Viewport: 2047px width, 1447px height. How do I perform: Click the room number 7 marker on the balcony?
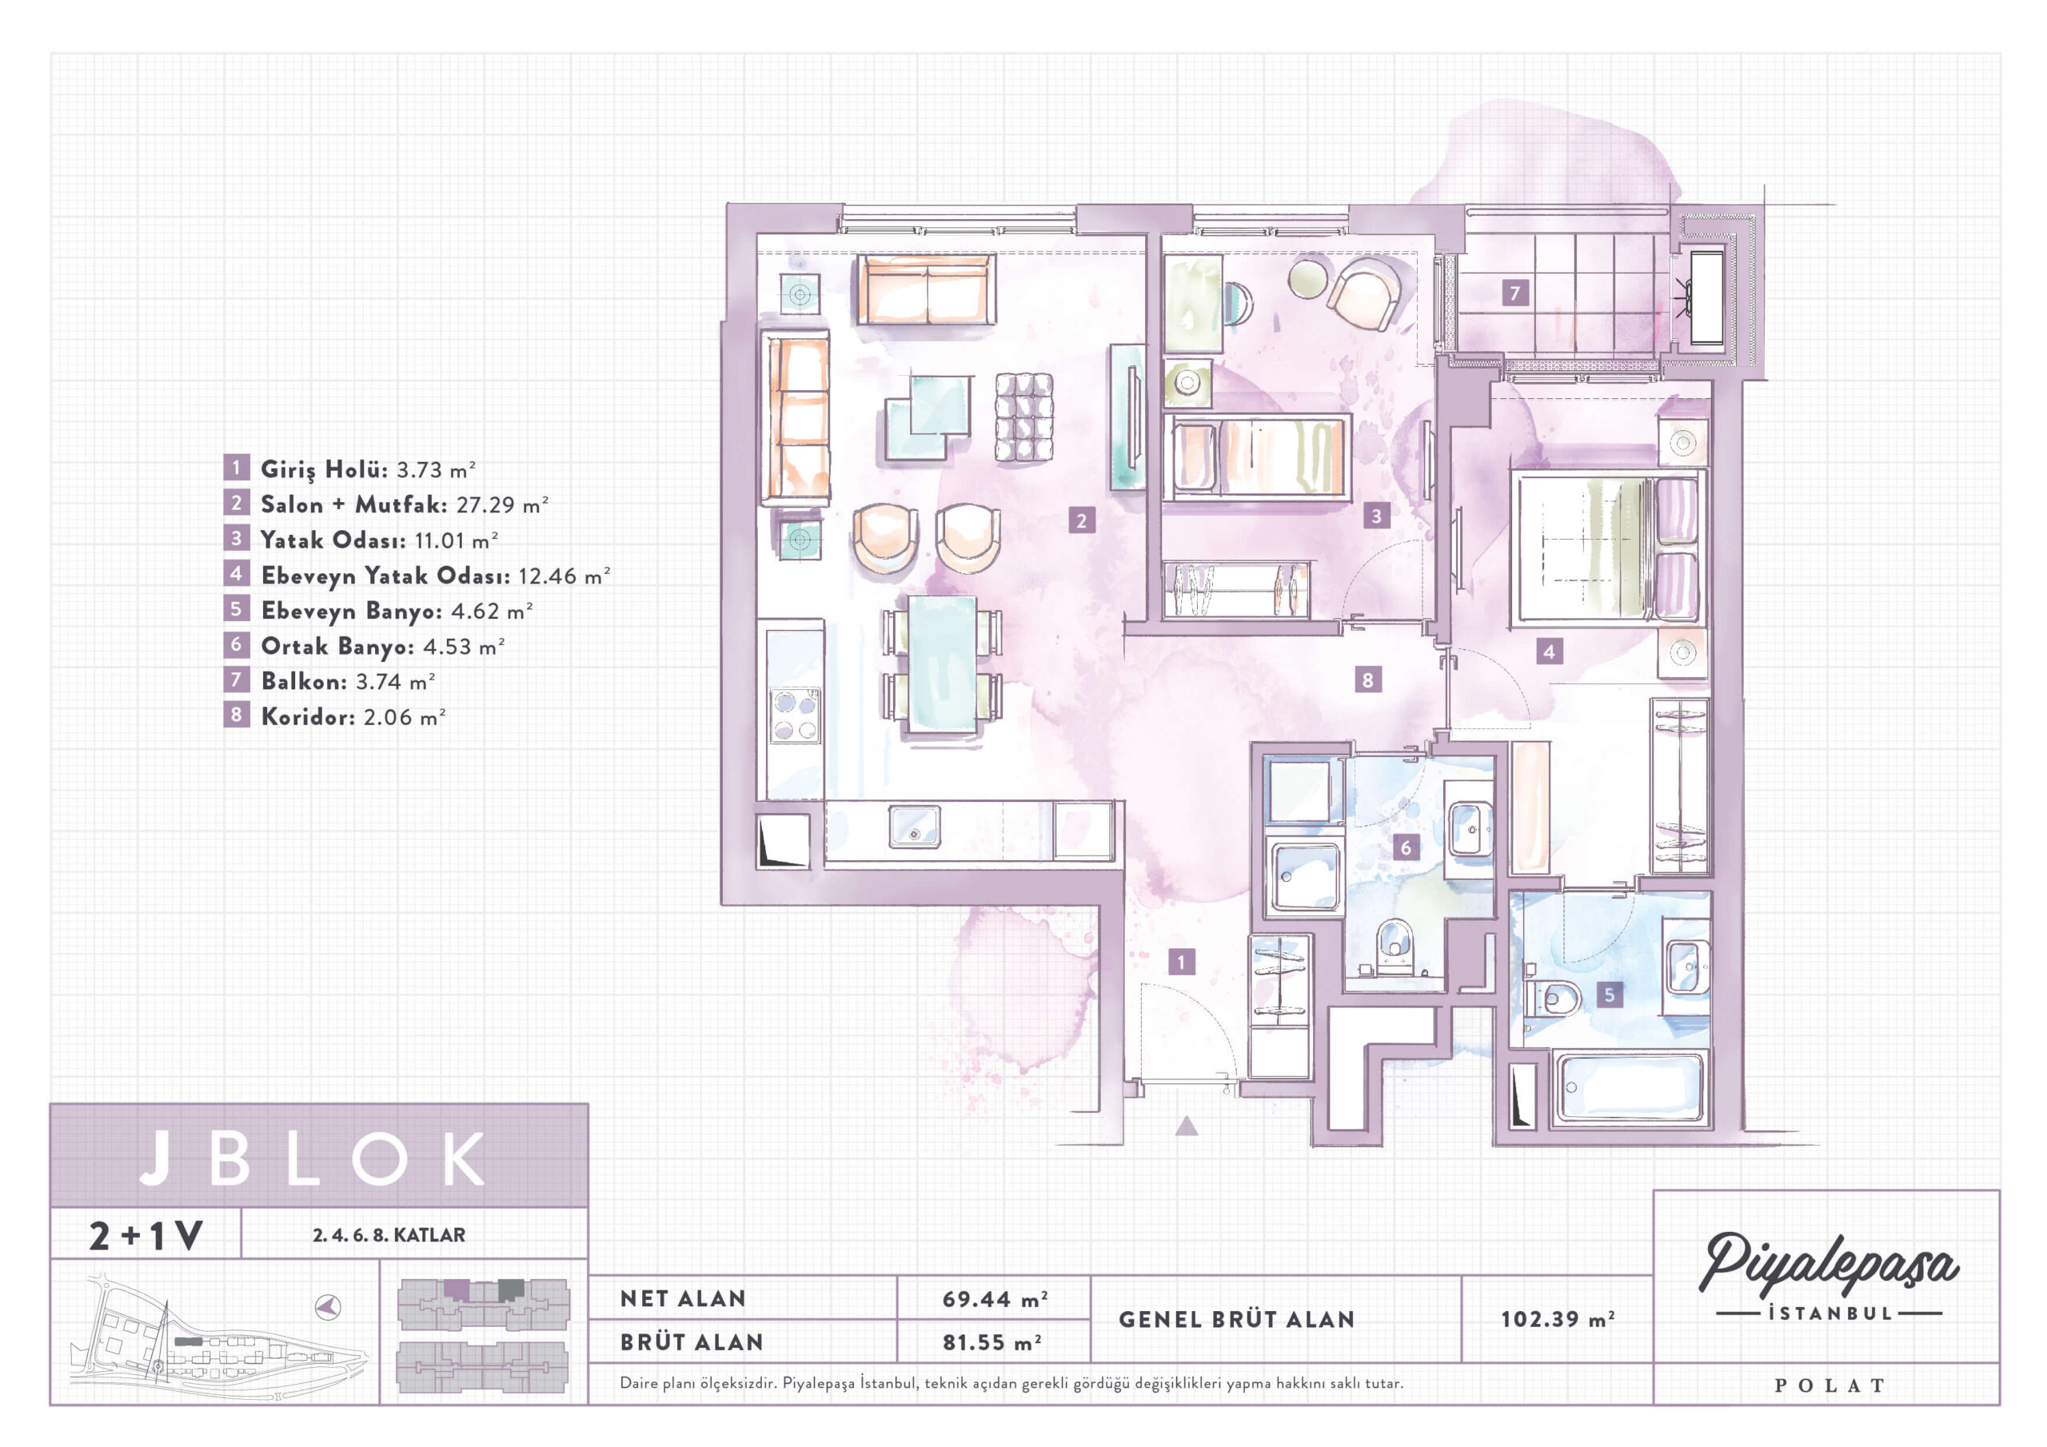coord(1514,292)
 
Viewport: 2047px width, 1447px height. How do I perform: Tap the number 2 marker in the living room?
coord(1081,520)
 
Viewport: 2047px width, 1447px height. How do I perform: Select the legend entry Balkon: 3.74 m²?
coord(330,681)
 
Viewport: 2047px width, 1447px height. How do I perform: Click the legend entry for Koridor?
coord(335,716)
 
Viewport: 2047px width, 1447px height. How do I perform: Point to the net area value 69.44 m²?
coord(994,1299)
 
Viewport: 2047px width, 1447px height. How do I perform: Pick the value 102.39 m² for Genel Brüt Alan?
coord(1557,1318)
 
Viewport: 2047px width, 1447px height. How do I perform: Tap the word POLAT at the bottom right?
coord(1829,1385)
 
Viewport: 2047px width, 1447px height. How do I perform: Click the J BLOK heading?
coord(312,1158)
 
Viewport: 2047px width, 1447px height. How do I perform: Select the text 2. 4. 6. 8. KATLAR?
coord(389,1235)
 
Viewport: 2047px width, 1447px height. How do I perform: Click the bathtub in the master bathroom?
coord(1628,1089)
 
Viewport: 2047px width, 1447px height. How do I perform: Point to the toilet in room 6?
coord(1394,947)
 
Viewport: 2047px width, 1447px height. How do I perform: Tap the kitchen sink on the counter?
coord(914,827)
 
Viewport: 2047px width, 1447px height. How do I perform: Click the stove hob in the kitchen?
coord(796,715)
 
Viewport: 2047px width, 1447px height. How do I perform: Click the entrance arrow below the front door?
coord(1186,1126)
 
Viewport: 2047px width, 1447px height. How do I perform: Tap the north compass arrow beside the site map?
coord(329,1308)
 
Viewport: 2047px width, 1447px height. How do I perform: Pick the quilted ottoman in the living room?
coord(1023,417)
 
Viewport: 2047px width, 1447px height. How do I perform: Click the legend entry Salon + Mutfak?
coord(386,504)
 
